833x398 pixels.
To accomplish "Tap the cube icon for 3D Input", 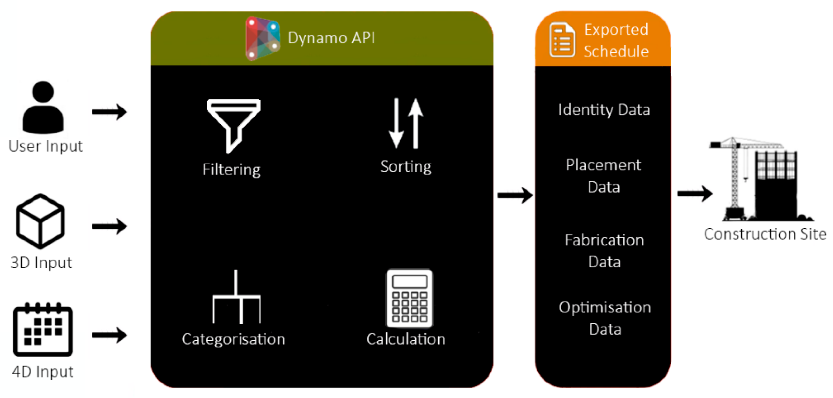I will (40, 221).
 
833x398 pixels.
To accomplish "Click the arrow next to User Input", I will (109, 112).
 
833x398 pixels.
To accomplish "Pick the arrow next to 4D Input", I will (109, 335).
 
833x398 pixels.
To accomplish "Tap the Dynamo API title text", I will (331, 38).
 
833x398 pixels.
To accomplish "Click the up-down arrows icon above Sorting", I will (406, 123).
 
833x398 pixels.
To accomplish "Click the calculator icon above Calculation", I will (409, 298).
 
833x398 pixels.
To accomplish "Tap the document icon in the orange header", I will (562, 40).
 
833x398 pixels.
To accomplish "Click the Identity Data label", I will (604, 110).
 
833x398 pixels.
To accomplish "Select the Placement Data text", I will (603, 176).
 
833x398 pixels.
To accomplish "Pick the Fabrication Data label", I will (604, 251).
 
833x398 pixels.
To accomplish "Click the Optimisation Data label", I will (605, 318).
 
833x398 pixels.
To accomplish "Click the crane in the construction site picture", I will (736, 178).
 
